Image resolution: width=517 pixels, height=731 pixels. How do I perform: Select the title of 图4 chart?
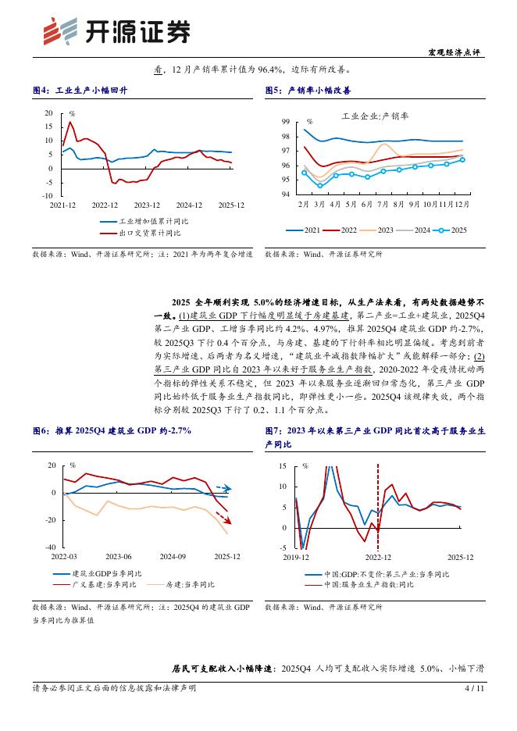tap(80, 91)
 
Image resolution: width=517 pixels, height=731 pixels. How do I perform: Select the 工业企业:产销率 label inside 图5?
tap(369, 116)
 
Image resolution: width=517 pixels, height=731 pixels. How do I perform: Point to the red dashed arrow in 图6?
tap(223, 518)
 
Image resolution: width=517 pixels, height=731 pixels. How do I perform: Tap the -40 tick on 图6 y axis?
tap(51, 547)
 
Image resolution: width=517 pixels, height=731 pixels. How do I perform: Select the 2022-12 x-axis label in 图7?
tap(378, 557)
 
